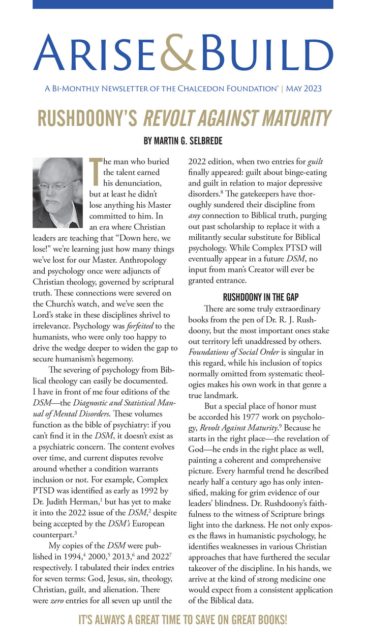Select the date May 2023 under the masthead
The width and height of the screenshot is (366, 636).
pos(304,89)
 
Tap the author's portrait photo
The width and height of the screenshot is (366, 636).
pos(57,192)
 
